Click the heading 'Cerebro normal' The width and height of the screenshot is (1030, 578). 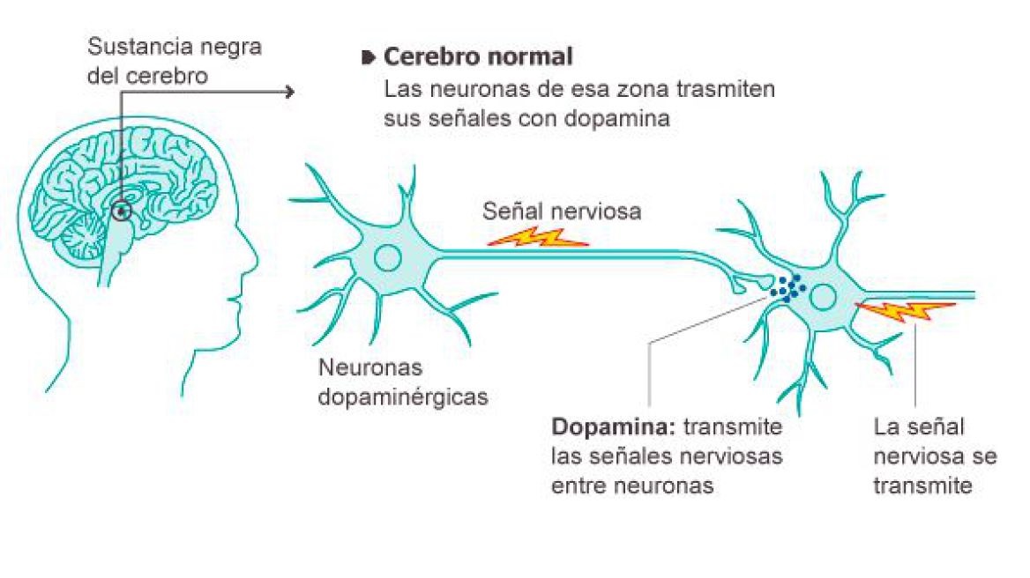coord(478,58)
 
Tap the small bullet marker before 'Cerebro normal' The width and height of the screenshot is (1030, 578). coord(369,59)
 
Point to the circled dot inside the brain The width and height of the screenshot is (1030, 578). coord(122,211)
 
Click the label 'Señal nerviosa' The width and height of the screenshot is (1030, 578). coord(562,211)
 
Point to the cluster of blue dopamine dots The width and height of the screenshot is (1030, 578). coord(787,285)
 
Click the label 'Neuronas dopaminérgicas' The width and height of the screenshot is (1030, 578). coord(403,382)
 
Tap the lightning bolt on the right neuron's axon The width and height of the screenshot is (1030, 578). coord(906,310)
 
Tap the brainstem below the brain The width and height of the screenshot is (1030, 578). coord(117,256)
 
